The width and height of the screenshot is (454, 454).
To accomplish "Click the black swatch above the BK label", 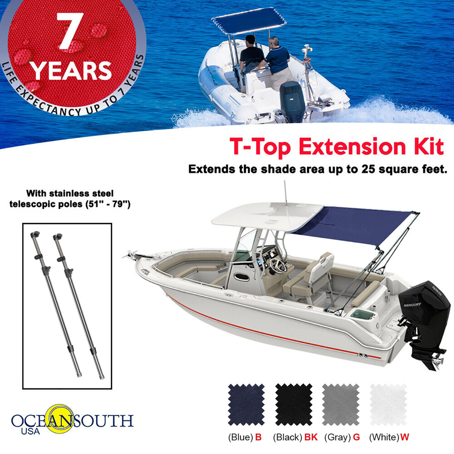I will pos(294,404).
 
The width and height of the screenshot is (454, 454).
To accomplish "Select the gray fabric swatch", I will pos(340,404).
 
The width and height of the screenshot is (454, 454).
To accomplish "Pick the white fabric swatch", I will pos(388,404).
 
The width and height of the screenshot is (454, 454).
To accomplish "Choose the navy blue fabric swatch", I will pos(246,404).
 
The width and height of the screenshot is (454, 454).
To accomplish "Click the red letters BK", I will pos(311,437).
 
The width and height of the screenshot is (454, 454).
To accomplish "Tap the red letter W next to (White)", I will pos(404,437).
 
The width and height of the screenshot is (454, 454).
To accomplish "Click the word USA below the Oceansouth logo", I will pos(30,431).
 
